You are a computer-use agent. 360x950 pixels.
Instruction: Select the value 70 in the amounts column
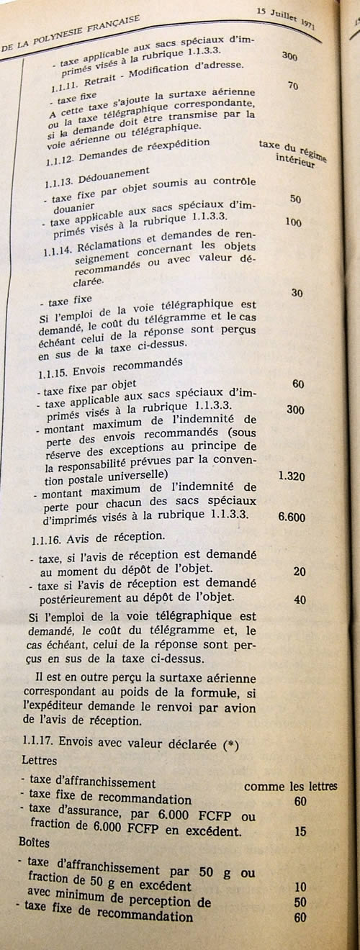coord(292,86)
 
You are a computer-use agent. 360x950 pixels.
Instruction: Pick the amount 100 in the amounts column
coord(293,222)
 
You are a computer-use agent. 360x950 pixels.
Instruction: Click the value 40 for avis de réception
coord(300,600)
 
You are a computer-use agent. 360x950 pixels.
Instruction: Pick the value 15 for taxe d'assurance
coord(300,831)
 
